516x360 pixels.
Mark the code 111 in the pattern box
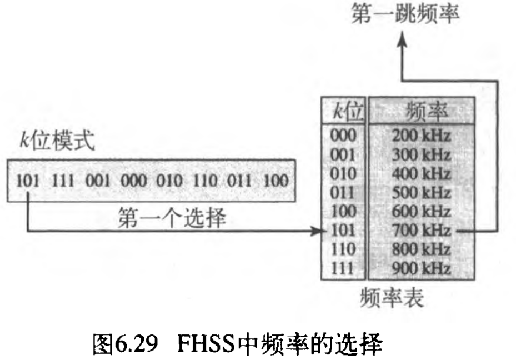[x=64, y=181]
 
